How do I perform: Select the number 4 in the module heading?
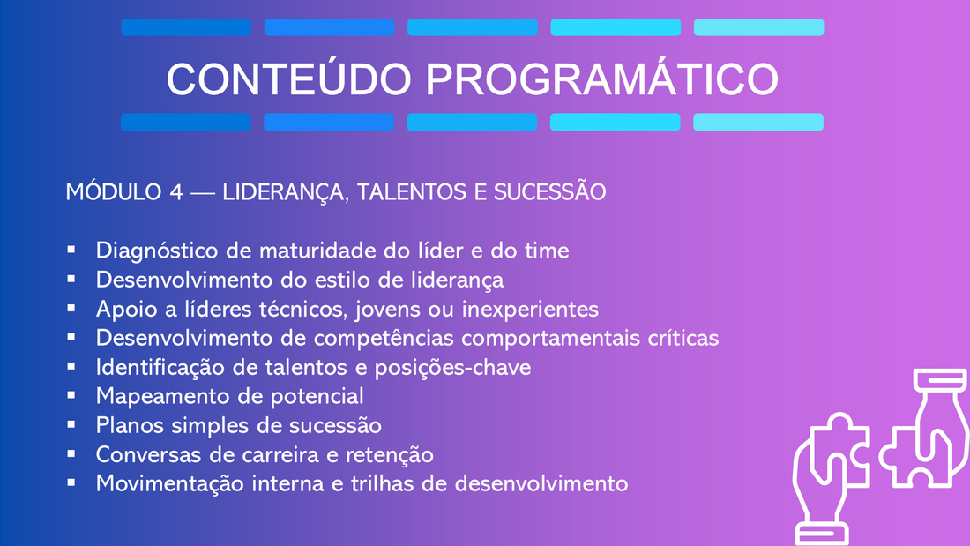point(176,192)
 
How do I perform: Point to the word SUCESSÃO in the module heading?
point(549,191)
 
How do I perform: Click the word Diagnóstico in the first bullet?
point(157,251)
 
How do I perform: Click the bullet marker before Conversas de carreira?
point(71,453)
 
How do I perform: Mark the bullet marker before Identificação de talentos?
point(71,366)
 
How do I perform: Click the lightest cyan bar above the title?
point(758,27)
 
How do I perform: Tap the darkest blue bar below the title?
point(185,122)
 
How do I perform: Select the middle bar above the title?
point(473,27)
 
